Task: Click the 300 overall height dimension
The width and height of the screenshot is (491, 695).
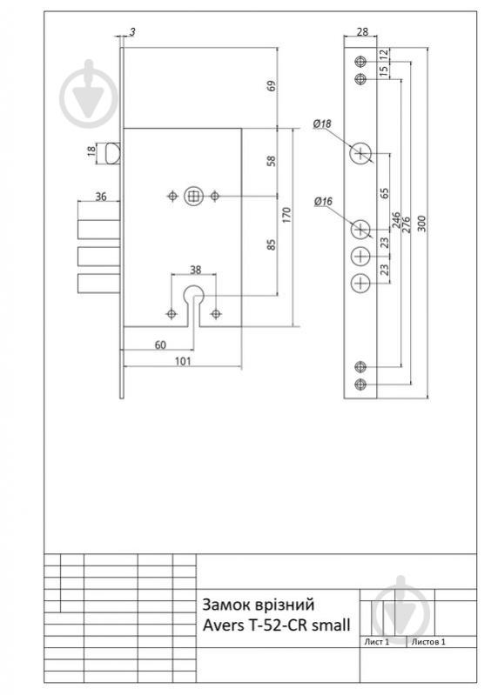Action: click(422, 223)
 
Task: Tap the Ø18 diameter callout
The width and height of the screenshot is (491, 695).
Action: click(322, 124)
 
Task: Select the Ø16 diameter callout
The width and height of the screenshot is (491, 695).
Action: click(323, 202)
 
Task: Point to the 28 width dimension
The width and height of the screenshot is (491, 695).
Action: click(362, 31)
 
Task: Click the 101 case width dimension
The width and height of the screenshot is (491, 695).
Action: click(183, 361)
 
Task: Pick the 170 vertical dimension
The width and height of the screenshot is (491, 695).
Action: click(286, 215)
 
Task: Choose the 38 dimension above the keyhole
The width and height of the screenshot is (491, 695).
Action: click(195, 270)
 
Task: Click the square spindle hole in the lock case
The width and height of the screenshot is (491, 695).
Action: click(193, 196)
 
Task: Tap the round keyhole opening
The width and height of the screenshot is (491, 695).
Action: click(193, 294)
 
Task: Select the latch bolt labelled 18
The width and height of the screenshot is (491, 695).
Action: click(114, 152)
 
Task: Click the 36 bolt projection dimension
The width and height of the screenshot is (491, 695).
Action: click(101, 196)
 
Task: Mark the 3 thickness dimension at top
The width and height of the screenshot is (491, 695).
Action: click(132, 32)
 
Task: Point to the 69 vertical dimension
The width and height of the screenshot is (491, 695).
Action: click(272, 85)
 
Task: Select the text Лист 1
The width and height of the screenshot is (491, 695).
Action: click(377, 642)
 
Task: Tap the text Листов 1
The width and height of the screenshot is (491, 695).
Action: click(428, 642)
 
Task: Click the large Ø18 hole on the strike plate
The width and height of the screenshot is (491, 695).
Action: click(360, 154)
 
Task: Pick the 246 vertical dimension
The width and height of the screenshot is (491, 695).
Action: click(395, 220)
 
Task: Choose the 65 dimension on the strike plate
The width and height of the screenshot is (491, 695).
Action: click(384, 193)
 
